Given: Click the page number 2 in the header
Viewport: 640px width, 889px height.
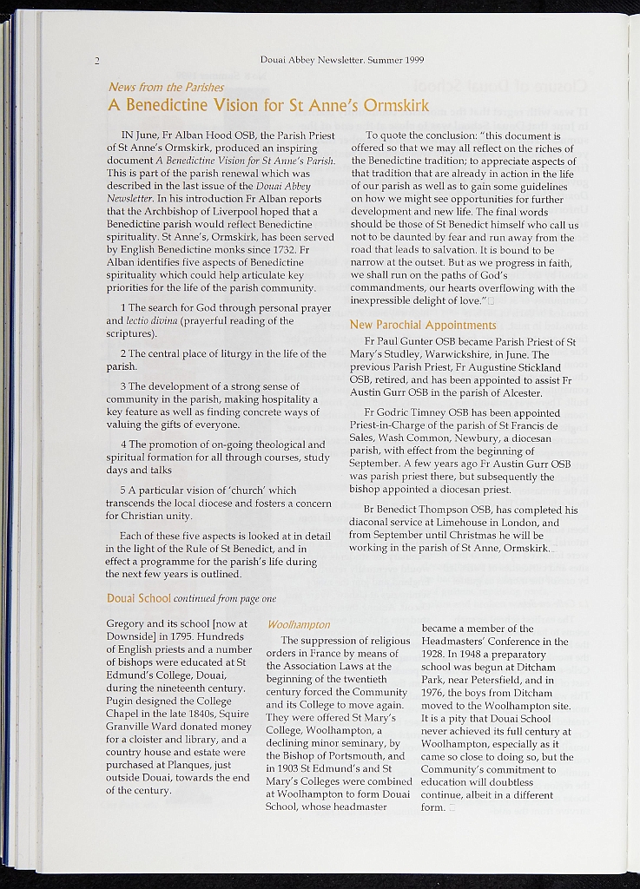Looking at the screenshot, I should [x=98, y=61].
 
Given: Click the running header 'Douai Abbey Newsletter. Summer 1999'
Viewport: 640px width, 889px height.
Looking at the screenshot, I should [x=341, y=60].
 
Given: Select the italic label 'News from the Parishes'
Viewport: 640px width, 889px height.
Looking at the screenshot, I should [x=166, y=88].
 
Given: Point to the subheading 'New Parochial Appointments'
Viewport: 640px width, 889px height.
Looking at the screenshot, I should [x=423, y=326].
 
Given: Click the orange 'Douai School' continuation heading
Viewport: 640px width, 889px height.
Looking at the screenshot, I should [x=138, y=598].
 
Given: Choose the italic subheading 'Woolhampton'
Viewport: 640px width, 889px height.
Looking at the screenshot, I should [x=299, y=625].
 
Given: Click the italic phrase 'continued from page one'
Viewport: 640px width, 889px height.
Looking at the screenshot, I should [x=225, y=599].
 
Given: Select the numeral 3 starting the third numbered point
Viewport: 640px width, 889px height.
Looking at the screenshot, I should [x=124, y=386].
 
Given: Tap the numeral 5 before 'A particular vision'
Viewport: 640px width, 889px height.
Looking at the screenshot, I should [x=124, y=491].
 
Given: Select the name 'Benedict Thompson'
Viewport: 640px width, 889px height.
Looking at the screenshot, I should [x=425, y=510].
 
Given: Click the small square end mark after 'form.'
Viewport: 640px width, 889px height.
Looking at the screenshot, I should [x=452, y=808].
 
